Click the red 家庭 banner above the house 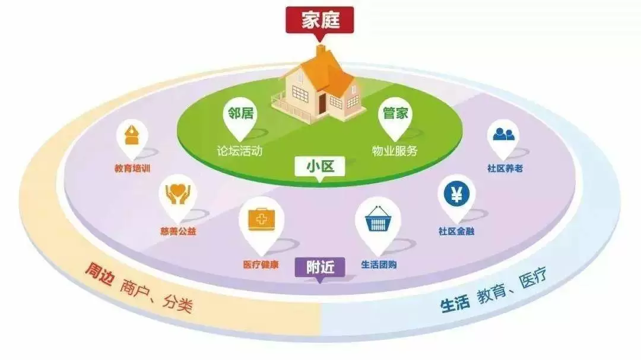(320, 20)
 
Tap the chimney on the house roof (321, 53)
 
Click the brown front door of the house (322, 104)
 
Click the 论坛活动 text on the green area (240, 151)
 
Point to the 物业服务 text (395, 151)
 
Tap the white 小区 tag (320, 167)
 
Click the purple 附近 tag (320, 267)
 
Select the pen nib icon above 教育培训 (131, 135)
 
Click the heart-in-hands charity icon (178, 194)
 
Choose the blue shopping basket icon (377, 219)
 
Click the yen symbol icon (456, 194)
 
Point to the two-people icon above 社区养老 (504, 135)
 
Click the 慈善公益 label (178, 232)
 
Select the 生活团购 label (379, 265)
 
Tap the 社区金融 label (456, 232)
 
